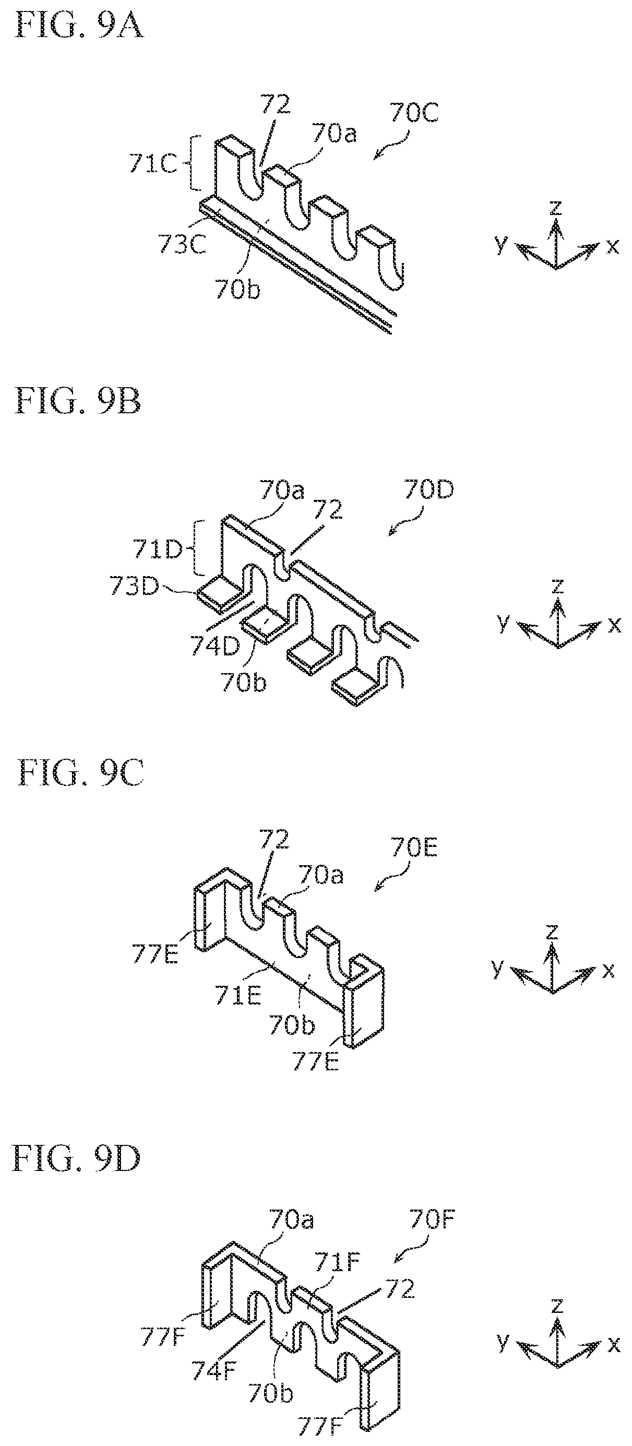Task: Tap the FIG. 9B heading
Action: click(x=78, y=401)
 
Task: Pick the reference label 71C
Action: click(x=153, y=164)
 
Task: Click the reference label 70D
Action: click(x=428, y=490)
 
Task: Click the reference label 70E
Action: click(x=414, y=847)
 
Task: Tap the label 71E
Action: click(x=238, y=996)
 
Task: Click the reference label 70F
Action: click(x=432, y=1220)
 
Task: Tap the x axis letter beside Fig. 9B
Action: click(x=615, y=625)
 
